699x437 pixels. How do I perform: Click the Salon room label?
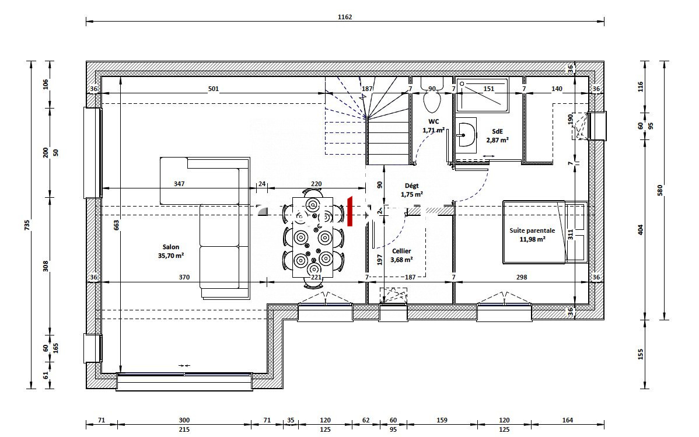point(171,247)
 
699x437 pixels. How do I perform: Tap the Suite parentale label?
point(532,230)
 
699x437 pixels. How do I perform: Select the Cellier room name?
point(401,251)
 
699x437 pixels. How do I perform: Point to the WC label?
point(434,122)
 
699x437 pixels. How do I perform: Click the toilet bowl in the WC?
point(432,99)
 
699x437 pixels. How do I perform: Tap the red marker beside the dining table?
point(350,211)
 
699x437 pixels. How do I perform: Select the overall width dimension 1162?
point(345,17)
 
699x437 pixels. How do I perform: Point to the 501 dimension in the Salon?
point(214,89)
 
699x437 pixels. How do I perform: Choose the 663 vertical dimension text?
point(116,226)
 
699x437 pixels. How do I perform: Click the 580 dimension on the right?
point(660,190)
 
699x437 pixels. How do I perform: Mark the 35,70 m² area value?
point(171,256)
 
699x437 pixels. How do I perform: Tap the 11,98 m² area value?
point(532,239)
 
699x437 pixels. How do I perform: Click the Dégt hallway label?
point(412,186)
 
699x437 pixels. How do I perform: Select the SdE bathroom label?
point(498,131)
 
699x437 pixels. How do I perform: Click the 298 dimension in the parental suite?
point(522,277)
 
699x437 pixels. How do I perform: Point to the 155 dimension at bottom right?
point(641,354)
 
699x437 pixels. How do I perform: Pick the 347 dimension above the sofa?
point(179,183)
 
